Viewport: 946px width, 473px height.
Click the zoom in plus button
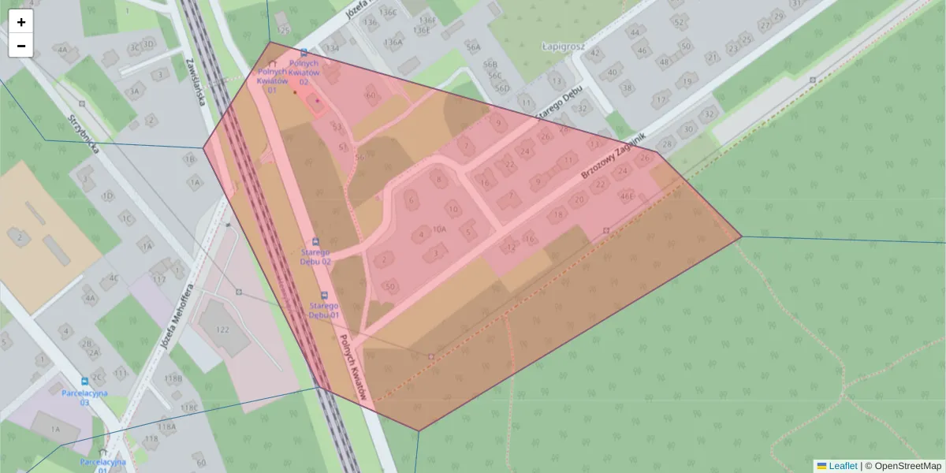pos(21,22)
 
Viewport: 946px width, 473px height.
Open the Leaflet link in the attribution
pos(843,466)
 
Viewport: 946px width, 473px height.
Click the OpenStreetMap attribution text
pos(907,466)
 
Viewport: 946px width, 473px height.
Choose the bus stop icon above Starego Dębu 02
pos(316,241)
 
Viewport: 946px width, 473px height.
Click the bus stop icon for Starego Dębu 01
pos(323,296)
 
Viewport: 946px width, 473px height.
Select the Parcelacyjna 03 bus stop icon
pos(85,381)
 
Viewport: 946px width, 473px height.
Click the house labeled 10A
pos(439,229)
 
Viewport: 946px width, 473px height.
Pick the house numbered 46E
pos(628,196)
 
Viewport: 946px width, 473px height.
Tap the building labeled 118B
pos(173,378)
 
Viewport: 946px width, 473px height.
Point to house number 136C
pos(388,12)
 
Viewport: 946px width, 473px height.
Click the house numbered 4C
pos(114,277)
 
